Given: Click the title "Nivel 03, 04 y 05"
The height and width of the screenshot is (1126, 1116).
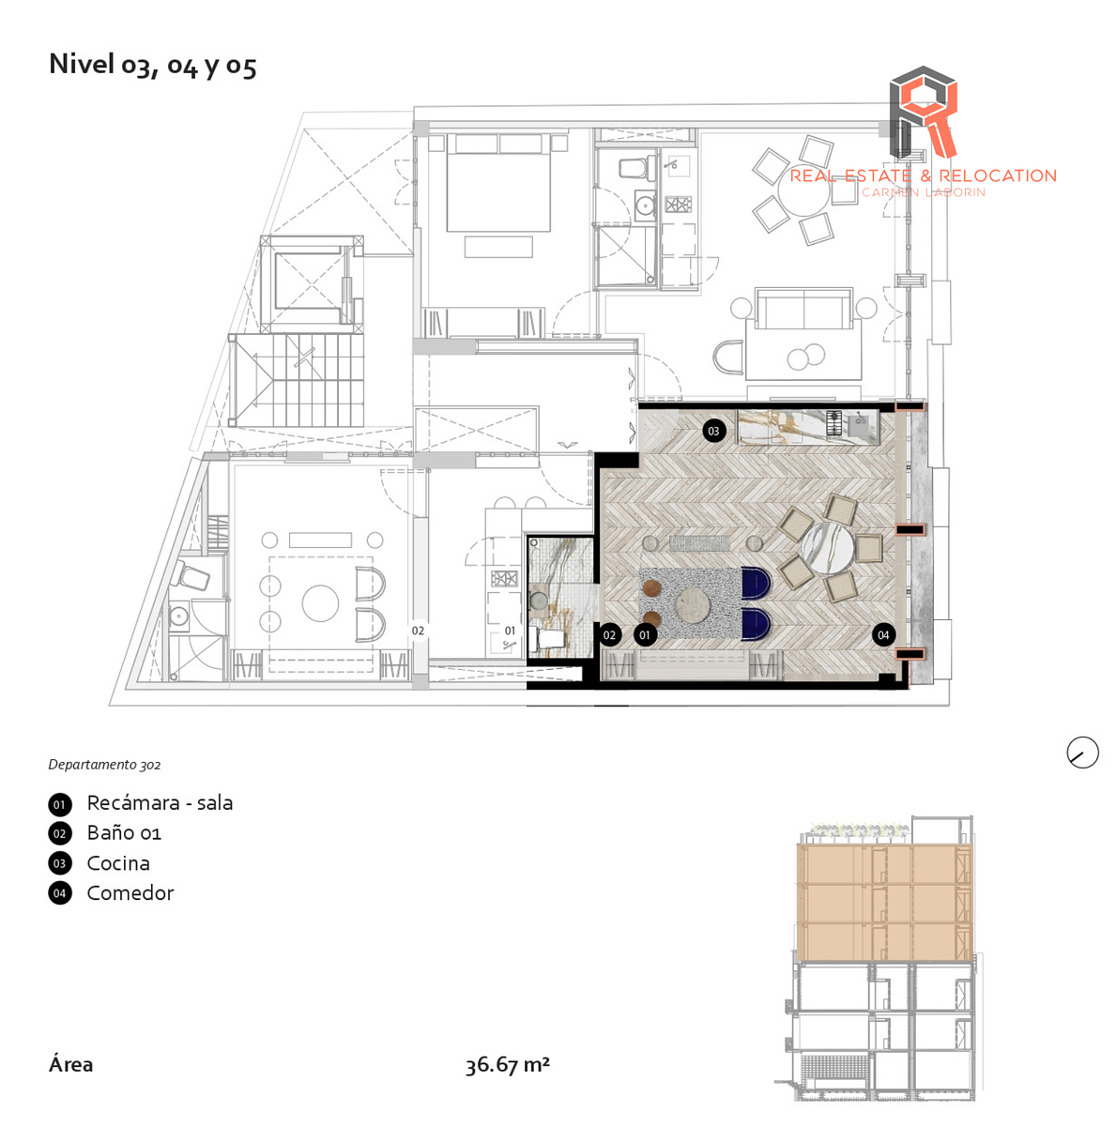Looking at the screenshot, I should (152, 65).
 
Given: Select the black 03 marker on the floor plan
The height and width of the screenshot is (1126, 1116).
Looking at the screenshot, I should (713, 431).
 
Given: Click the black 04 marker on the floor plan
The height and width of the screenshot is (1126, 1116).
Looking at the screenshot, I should (882, 635).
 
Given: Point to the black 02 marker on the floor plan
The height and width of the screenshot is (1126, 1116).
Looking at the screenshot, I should (609, 635).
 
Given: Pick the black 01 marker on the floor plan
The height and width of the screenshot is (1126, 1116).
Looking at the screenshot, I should (645, 635).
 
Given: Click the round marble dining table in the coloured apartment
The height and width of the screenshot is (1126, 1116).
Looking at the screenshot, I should (830, 548).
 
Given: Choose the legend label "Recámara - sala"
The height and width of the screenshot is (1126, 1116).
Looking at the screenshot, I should (160, 803).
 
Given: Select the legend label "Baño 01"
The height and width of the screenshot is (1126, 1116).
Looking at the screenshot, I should (124, 833).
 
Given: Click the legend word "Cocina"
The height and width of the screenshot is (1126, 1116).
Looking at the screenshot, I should (118, 863).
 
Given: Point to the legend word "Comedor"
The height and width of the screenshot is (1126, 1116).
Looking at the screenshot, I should (130, 893).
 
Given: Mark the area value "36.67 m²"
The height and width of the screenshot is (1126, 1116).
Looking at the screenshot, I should (507, 1065).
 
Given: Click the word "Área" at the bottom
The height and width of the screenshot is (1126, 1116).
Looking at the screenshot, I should (70, 1065).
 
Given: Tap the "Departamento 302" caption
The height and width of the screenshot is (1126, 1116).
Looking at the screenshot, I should (104, 765).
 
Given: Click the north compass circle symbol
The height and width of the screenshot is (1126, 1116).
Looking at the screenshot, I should (1082, 753).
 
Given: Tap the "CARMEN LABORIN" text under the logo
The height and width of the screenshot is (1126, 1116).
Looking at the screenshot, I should (924, 192).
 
